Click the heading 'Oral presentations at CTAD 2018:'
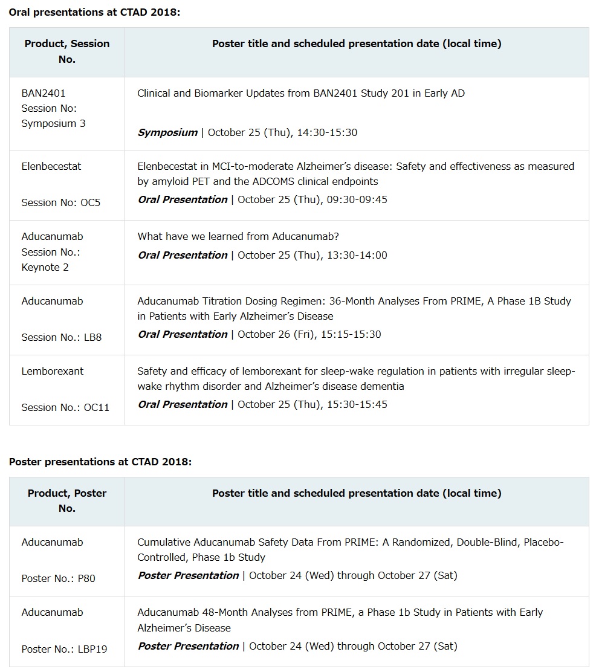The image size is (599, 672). pos(94,12)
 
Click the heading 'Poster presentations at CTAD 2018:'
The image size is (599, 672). pos(100,462)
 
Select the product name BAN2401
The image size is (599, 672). pos(44,93)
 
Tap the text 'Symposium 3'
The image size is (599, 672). pos(53,123)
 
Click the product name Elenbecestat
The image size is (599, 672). pos(51,166)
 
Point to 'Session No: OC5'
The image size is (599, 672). pos(61,202)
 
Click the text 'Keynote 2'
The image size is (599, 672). pos(45,267)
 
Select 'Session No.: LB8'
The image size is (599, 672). pos(62,337)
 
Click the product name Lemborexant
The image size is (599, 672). pos(53,371)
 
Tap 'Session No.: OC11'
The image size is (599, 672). pos(65,407)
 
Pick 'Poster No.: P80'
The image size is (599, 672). pos(58,578)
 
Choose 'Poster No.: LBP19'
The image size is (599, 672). pos(64,649)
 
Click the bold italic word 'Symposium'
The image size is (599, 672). pos(167,132)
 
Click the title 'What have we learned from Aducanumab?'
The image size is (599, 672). pos(238,236)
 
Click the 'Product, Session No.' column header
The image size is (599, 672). pos(67,51)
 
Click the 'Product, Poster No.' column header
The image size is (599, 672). pos(67,501)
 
